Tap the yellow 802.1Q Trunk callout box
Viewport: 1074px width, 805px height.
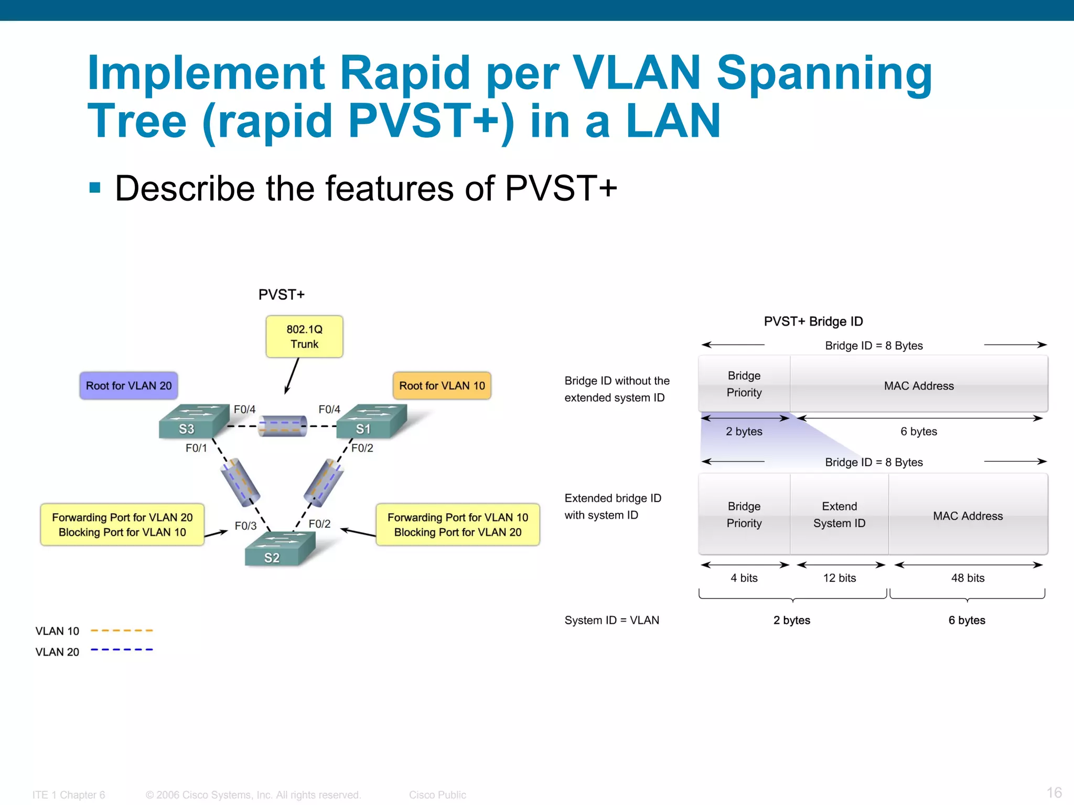click(x=304, y=337)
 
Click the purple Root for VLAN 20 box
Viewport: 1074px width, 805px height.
click(x=128, y=386)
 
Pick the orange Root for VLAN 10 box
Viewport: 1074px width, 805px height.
click(x=442, y=386)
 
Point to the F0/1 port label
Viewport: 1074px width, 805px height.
click(x=196, y=448)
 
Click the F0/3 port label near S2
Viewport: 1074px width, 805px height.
click(x=245, y=526)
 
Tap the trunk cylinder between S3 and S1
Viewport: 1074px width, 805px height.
click(x=283, y=426)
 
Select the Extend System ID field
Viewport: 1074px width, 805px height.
click(x=839, y=515)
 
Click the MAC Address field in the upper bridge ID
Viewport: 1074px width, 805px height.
click(x=919, y=386)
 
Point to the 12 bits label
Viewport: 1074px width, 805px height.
click(x=839, y=578)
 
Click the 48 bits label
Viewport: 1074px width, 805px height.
click(x=968, y=578)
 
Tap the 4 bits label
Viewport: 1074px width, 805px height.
click(x=744, y=578)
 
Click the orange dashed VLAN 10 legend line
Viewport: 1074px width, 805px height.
click(x=122, y=630)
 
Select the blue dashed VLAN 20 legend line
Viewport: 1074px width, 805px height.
click(x=122, y=650)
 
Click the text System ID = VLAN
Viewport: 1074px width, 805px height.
click(x=611, y=621)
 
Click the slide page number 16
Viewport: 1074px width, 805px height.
click(x=1054, y=792)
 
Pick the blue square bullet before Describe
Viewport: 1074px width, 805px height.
click(x=95, y=188)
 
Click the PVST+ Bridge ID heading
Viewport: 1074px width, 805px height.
click(x=813, y=321)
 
